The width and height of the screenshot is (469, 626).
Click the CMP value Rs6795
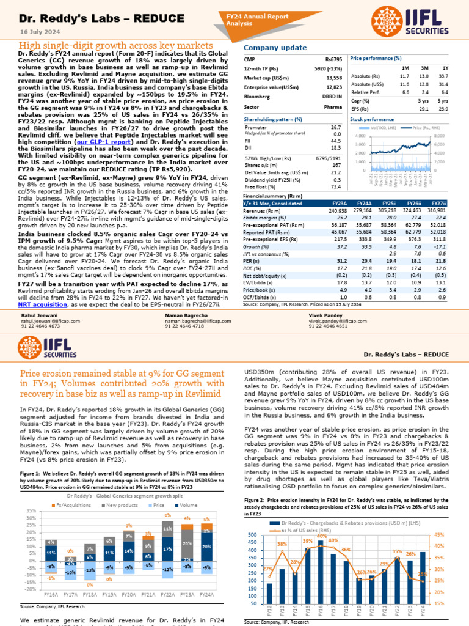[x=334, y=59]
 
